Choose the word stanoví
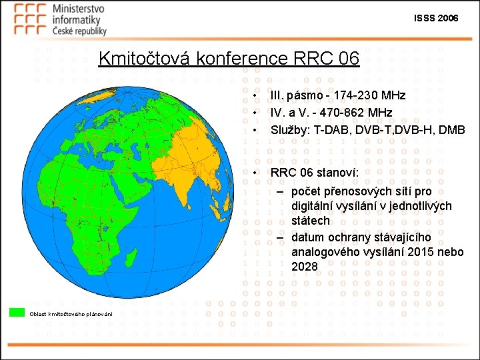[338, 173]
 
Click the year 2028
[305, 267]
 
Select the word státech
[310, 220]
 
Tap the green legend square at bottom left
[17, 312]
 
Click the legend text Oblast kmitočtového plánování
[70, 313]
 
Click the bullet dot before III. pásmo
[256, 96]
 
